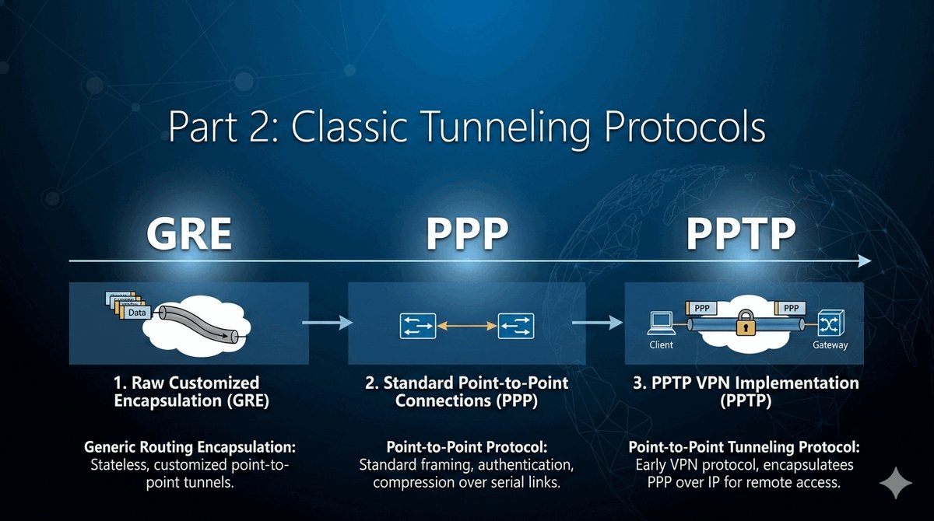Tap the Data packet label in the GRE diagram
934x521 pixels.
137,311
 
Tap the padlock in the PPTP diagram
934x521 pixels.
743,321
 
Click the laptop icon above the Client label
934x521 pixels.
661,322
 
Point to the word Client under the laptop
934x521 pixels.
661,344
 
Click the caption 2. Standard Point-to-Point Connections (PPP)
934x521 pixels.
467,392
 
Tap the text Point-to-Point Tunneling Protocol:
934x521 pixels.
743,449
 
